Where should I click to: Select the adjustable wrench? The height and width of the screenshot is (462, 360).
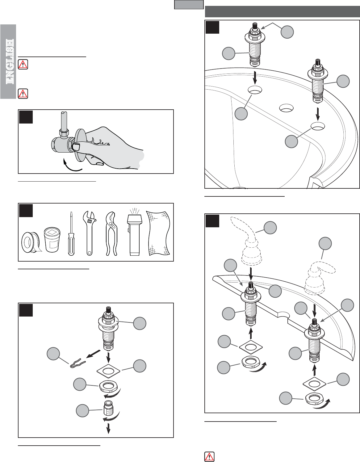coord(90,233)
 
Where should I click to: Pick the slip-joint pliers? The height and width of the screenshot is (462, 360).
coord(111,233)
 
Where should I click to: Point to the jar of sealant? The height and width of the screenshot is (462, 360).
coord(52,240)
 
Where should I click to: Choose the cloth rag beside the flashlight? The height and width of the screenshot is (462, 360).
coord(158,233)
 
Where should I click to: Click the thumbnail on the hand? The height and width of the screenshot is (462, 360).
coord(76,146)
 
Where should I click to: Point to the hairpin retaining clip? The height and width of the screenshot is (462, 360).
coord(77,363)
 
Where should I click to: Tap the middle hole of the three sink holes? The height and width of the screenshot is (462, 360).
coord(286,108)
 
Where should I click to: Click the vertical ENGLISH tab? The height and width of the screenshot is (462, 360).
coord(8,62)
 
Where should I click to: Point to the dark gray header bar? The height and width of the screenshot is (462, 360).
coord(282,11)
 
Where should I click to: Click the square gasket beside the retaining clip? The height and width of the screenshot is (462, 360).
coord(108,371)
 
